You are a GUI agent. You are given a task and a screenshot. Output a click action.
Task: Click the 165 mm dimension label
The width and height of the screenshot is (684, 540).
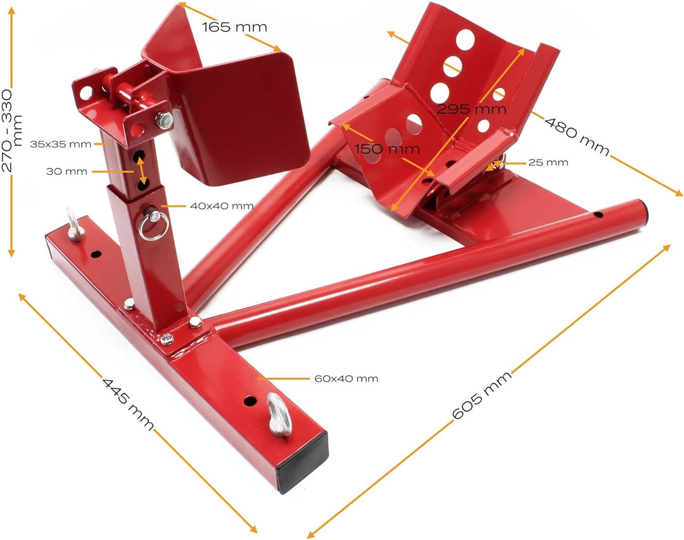(234, 27)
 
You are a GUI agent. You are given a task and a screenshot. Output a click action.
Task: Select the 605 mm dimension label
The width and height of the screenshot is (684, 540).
(481, 395)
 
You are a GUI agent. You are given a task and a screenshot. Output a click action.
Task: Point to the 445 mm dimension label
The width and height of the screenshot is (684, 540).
(128, 404)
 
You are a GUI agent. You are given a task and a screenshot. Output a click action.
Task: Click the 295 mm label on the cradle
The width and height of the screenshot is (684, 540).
(472, 109)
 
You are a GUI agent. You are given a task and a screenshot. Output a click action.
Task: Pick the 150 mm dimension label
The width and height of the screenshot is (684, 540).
(386, 149)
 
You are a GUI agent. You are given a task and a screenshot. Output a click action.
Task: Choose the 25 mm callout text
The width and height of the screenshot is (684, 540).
(548, 163)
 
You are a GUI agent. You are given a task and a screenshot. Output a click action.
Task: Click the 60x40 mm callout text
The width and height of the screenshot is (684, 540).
(346, 379)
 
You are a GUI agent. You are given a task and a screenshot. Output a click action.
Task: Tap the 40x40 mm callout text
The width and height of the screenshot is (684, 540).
(222, 206)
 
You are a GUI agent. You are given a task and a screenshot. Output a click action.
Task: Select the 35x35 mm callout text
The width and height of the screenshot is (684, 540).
(61, 144)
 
